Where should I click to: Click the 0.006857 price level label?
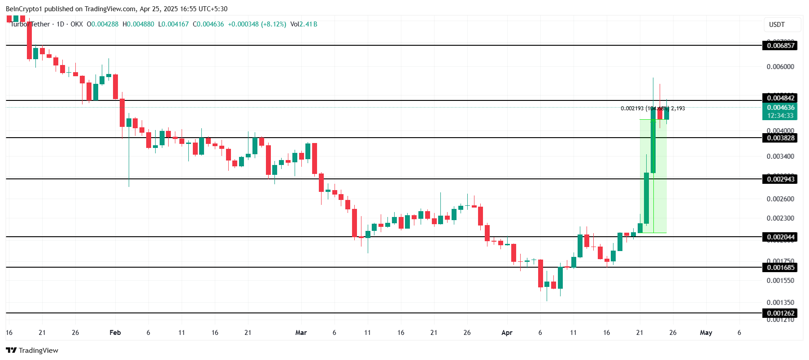(780, 45)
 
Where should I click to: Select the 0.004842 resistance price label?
(780, 98)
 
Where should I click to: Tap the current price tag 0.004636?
(780, 108)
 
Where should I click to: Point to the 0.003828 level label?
(780, 138)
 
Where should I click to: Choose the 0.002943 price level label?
(780, 179)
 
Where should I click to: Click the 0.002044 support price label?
(780, 237)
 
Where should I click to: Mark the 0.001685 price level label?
(780, 268)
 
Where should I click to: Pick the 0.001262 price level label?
(780, 313)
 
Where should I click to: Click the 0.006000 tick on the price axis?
(780, 67)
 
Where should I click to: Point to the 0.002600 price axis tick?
(780, 199)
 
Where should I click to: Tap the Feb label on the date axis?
(115, 333)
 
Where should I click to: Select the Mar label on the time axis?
(301, 333)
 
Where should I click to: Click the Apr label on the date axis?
(507, 333)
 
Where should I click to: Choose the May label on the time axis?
(706, 333)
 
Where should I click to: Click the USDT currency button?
(777, 25)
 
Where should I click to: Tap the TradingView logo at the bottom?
(32, 350)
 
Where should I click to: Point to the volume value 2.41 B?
(309, 24)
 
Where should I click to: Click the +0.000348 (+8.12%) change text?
(257, 24)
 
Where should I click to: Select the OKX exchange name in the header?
(77, 24)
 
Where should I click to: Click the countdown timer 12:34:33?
(780, 116)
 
